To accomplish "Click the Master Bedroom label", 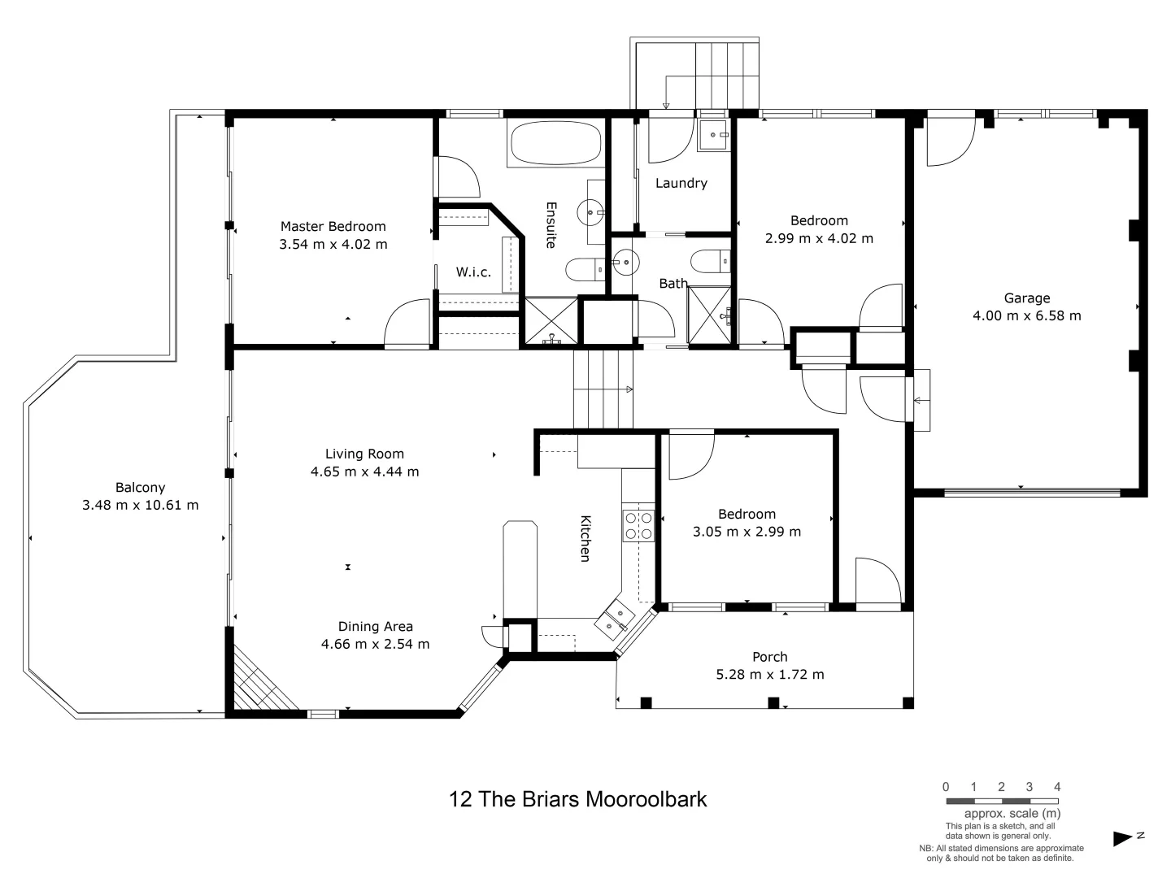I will point(333,227).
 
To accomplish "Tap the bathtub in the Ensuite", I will point(555,144).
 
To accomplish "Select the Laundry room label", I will point(681,184).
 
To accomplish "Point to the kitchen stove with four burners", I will point(638,525).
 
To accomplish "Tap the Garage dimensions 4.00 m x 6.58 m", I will point(1026,315).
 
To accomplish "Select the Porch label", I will point(769,657).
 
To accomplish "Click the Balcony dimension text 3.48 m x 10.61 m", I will point(140,505).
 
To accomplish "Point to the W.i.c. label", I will point(473,272).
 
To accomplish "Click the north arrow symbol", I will point(1125,838).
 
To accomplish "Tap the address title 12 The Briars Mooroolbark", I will point(577,799).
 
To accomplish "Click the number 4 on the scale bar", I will point(1057,787).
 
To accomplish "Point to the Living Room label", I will point(364,454).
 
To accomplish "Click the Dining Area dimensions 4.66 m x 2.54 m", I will point(375,644).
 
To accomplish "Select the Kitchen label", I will point(585,538).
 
